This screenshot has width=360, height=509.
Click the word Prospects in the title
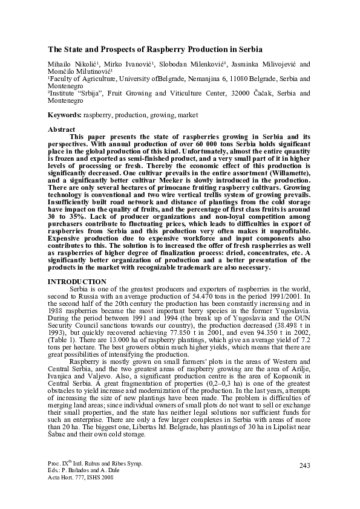tap(114, 48)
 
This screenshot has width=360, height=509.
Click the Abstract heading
tap(61, 130)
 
